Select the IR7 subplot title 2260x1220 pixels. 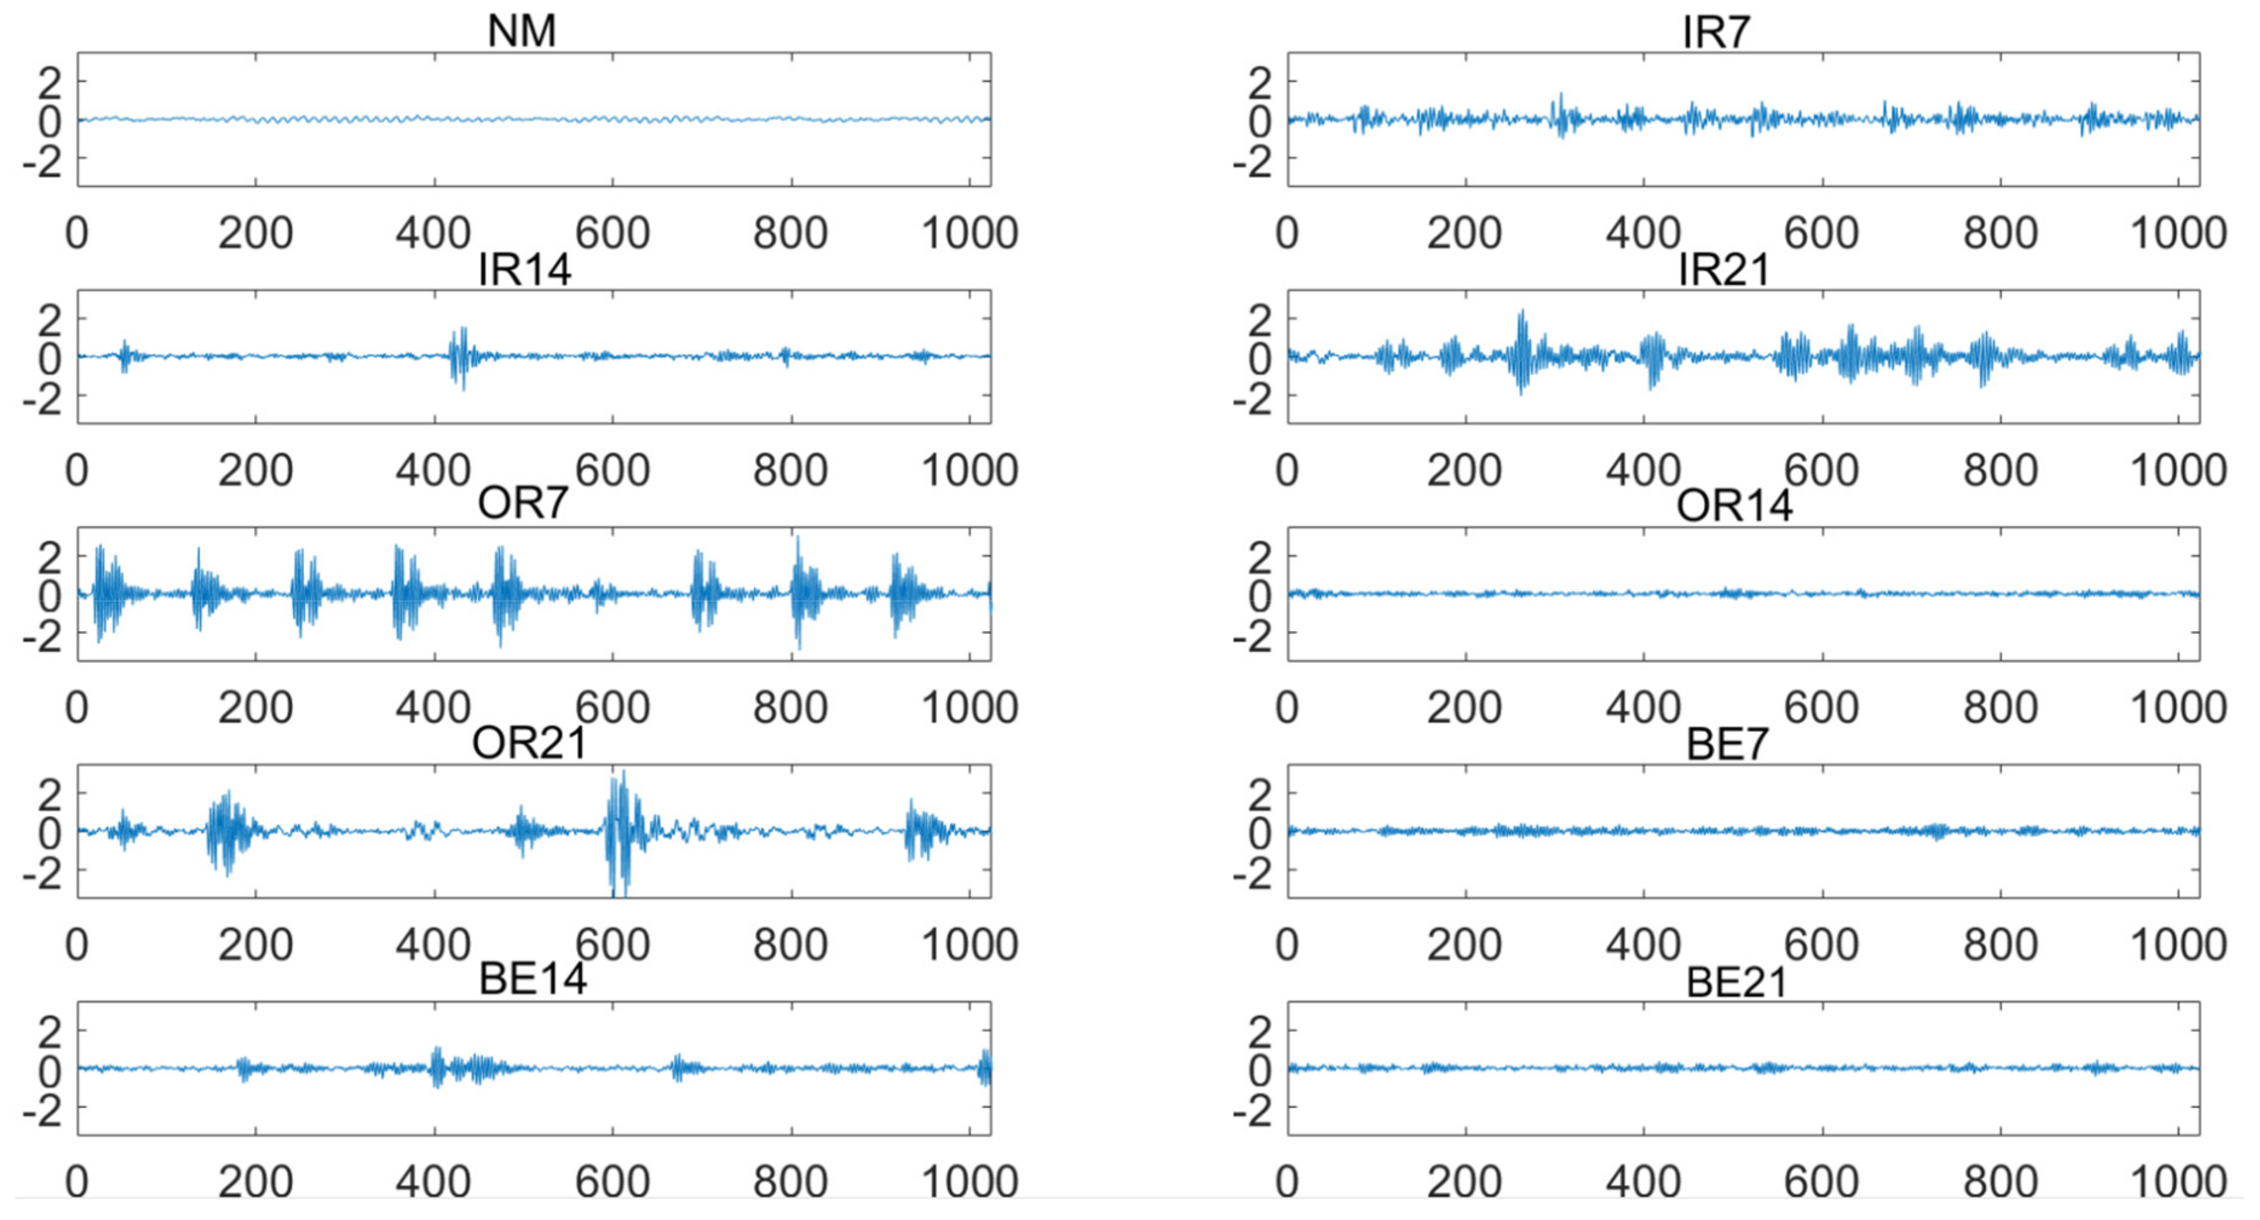click(1716, 33)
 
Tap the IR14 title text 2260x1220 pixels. click(525, 269)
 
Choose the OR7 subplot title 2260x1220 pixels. click(523, 504)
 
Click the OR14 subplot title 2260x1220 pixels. click(1734, 506)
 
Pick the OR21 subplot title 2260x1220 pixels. click(529, 743)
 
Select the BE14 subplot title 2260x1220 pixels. click(533, 979)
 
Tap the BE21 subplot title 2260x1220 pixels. click(1736, 982)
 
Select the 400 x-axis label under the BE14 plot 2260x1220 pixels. click(433, 1182)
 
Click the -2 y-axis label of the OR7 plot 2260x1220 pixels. click(42, 636)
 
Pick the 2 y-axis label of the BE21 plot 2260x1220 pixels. click(1260, 1033)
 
